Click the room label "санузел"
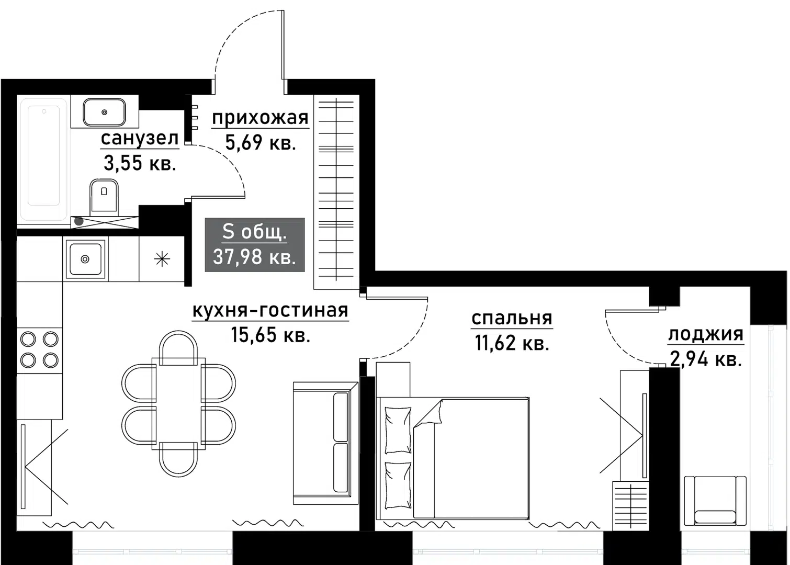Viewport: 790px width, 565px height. [139, 139]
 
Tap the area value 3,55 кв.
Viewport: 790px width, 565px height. [139, 164]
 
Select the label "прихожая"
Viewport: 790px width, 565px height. [260, 118]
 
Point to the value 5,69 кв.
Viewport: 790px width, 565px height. [260, 142]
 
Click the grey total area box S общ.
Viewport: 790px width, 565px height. [254, 245]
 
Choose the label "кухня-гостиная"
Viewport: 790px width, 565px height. [270, 310]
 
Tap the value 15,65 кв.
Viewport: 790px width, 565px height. [270, 335]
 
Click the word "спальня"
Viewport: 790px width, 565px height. [511, 318]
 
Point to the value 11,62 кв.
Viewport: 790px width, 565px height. [511, 343]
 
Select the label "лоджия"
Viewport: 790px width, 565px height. [705, 334]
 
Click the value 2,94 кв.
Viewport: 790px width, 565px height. [705, 359]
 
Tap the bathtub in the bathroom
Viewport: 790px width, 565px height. [43, 160]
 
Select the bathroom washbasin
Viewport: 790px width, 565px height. [105, 111]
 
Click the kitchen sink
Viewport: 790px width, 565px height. [85, 258]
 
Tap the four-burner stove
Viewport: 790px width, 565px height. [39, 349]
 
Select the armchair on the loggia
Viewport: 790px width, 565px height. [715, 501]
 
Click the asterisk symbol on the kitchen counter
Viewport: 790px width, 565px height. [162, 259]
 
